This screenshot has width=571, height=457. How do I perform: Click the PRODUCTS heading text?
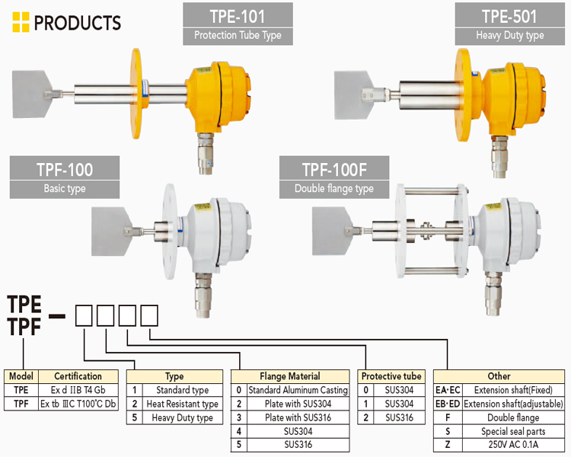coord(77,23)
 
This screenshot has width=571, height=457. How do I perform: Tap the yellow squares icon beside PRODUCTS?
coord(21,23)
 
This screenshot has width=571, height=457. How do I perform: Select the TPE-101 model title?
coord(238,16)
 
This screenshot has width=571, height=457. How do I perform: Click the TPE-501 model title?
coord(509,16)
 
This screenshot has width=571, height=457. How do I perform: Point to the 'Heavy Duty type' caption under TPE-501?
coord(509,35)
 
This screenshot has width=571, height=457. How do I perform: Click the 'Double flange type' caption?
coord(334,188)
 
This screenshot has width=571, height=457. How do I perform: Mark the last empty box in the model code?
coord(150,313)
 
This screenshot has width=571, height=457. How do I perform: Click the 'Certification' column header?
coord(78,376)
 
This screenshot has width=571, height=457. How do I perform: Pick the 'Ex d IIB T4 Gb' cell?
coord(78,389)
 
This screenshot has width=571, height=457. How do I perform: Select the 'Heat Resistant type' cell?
coord(182,404)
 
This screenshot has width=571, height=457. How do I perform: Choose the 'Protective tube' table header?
coord(391,376)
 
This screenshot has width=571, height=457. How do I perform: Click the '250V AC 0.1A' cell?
coord(514,445)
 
